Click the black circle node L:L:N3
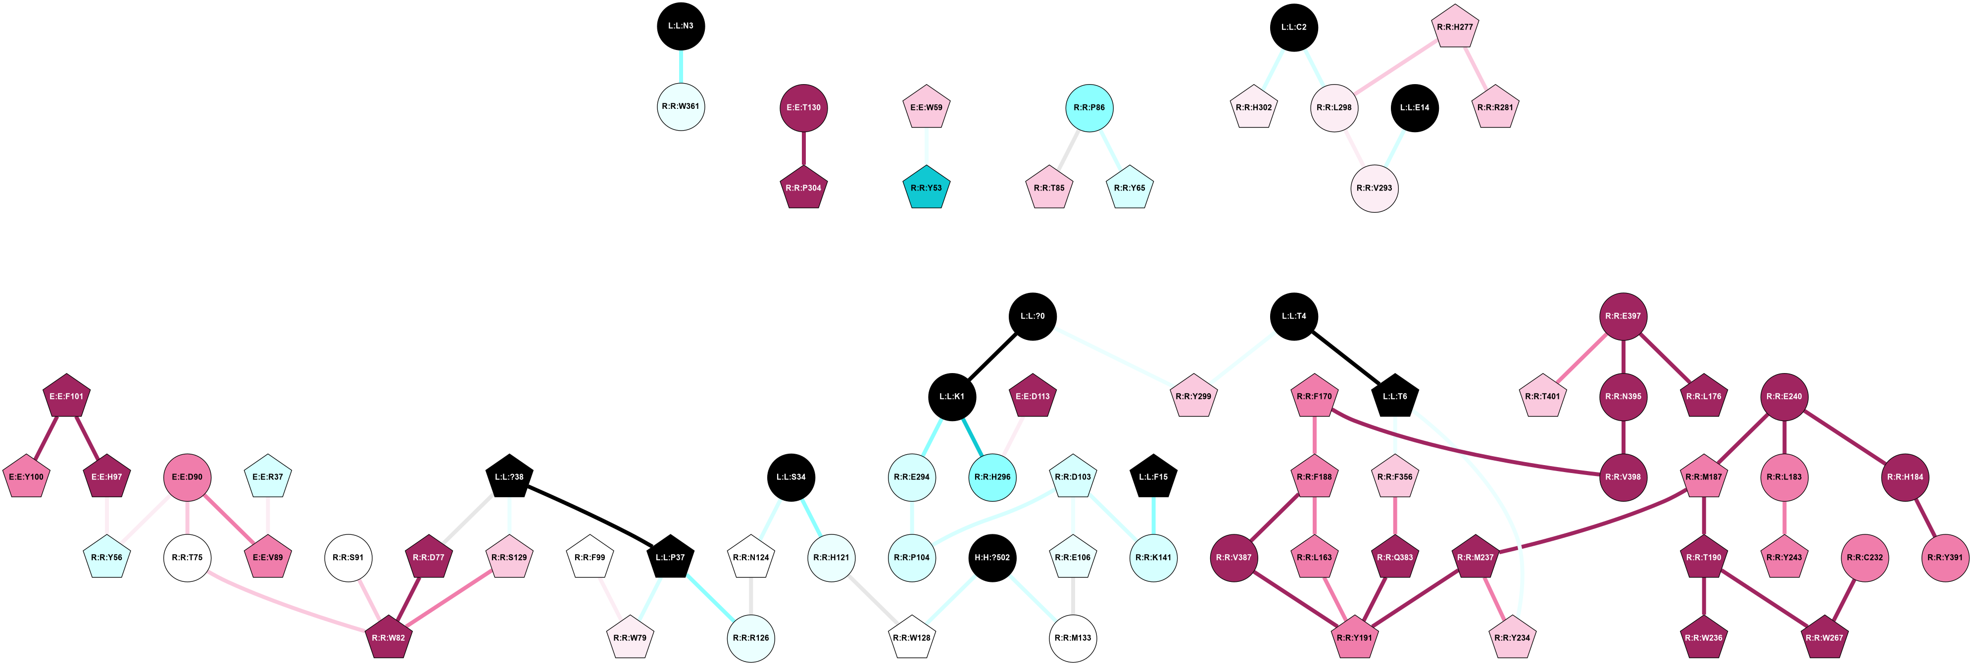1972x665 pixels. pyautogui.click(x=681, y=26)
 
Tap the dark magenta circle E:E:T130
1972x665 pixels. pyautogui.click(x=803, y=107)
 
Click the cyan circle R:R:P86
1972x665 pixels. pyautogui.click(x=1088, y=108)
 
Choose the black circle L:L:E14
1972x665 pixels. pyautogui.click(x=1414, y=108)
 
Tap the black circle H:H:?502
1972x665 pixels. pyautogui.click(x=992, y=557)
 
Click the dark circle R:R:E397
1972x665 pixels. pyautogui.click(x=1623, y=316)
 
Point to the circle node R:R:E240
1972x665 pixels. pyautogui.click(x=1784, y=396)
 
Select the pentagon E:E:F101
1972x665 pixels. pyautogui.click(x=67, y=396)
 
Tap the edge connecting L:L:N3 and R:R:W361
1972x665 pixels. pyautogui.click(x=681, y=67)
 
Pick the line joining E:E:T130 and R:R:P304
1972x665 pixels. pyautogui.click(x=803, y=147)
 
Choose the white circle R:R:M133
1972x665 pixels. pyautogui.click(x=1073, y=637)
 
